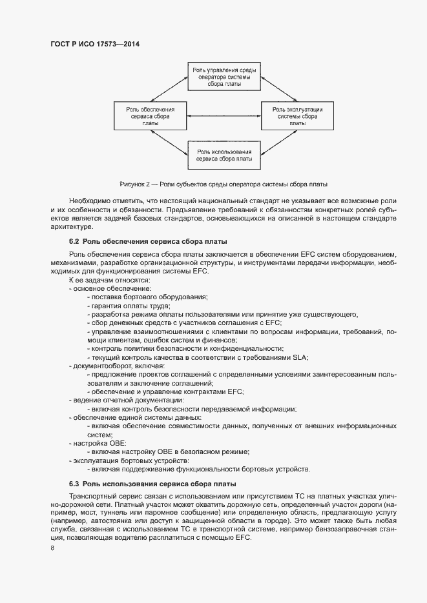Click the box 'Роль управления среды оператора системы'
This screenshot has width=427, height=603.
224,76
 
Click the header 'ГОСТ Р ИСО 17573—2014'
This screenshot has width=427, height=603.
94,44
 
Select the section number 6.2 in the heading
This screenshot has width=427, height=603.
74,241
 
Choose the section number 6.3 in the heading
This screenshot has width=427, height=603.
74,484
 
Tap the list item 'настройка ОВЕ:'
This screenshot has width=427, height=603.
100,443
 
